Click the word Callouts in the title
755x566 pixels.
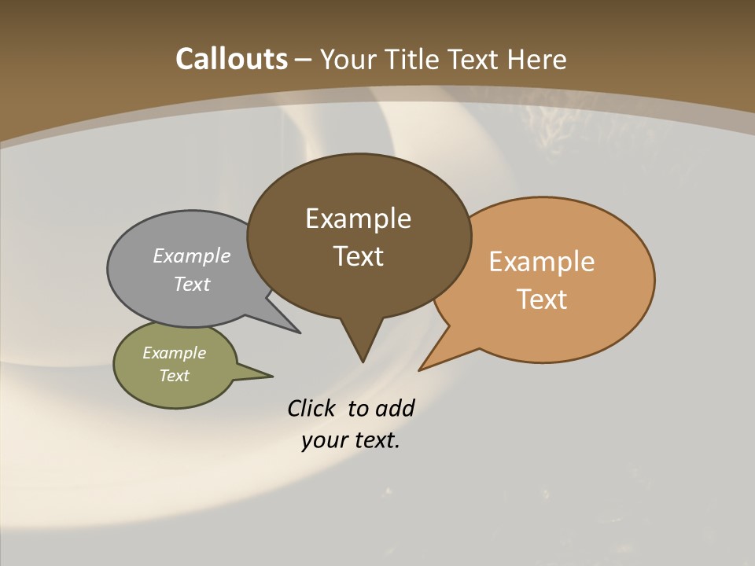231,59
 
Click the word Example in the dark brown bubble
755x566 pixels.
358,219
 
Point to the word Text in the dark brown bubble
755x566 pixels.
358,256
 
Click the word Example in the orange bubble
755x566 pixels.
542,262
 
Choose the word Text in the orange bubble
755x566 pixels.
542,300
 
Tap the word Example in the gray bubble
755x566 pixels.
192,256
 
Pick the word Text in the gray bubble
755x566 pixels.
192,285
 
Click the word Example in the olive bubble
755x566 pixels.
174,353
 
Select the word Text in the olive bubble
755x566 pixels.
174,376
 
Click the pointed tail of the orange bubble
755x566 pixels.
421,369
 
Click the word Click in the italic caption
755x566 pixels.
311,409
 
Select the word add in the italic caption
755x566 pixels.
394,409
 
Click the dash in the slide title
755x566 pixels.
304,60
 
